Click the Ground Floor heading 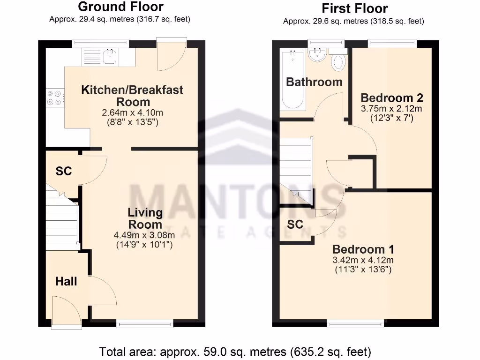(120, 7)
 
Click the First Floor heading (354, 8)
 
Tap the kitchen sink (109, 57)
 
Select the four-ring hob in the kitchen (53, 97)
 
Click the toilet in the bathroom (338, 62)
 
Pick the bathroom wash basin (318, 55)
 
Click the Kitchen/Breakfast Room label (132, 96)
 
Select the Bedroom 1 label (363, 249)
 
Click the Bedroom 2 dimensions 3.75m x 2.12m (391, 109)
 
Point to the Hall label (66, 281)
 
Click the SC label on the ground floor (64, 171)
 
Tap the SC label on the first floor (295, 225)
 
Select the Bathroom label (314, 82)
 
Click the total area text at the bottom (235, 351)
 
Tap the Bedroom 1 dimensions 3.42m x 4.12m (363, 261)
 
